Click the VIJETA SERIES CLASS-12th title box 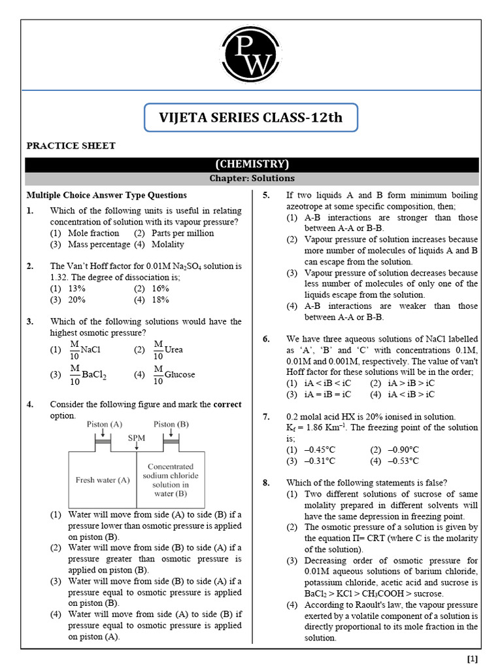point(251,118)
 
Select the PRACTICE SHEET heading point(71,145)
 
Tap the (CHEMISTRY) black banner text point(252,164)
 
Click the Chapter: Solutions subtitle point(252,178)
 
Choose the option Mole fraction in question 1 point(93,233)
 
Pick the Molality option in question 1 point(167,244)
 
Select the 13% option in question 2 point(76,289)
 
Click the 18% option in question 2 point(160,300)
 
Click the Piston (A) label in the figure point(105,424)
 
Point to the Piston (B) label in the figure point(171,424)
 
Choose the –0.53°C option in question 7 point(404,461)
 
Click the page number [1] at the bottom point(472,659)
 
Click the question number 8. point(266,483)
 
